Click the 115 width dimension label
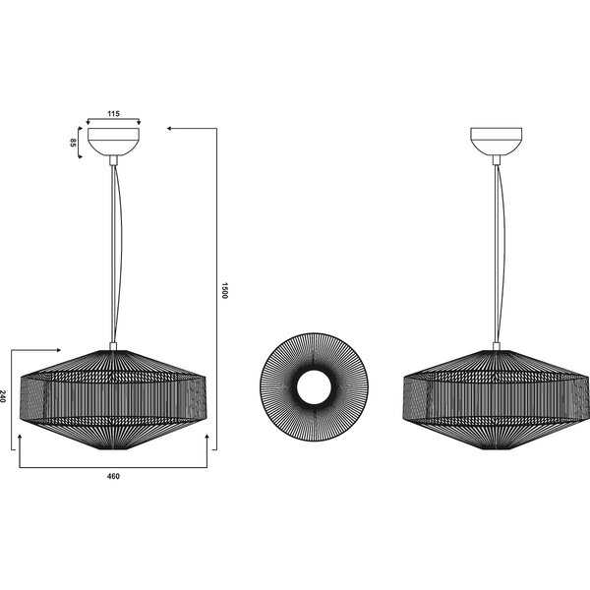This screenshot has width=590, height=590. click(x=113, y=114)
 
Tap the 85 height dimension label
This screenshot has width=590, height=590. click(x=74, y=142)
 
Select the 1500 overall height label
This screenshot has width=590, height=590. click(x=224, y=290)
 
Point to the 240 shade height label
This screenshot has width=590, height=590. click(x=5, y=397)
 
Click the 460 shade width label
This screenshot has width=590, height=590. click(x=113, y=476)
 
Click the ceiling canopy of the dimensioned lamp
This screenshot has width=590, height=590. click(x=113, y=141)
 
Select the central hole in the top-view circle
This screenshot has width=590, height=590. click(x=313, y=387)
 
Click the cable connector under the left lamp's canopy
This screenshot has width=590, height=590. click(x=113, y=158)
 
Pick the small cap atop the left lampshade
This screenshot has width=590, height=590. click(x=113, y=345)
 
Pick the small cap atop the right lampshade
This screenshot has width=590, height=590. click(x=496, y=345)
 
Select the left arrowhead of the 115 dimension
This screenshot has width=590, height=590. click(x=89, y=122)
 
